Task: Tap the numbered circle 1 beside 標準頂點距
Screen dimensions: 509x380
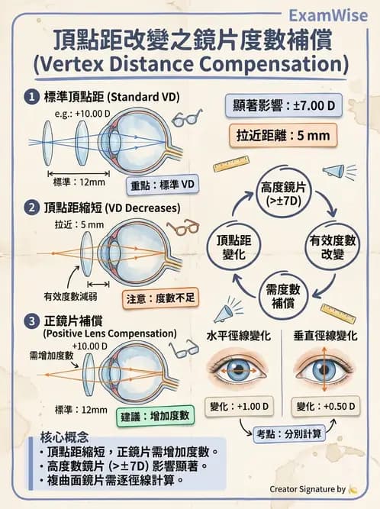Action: (31, 98)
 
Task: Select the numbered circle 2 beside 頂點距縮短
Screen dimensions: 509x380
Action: (31, 208)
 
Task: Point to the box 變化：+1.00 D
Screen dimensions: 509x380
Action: (238, 406)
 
